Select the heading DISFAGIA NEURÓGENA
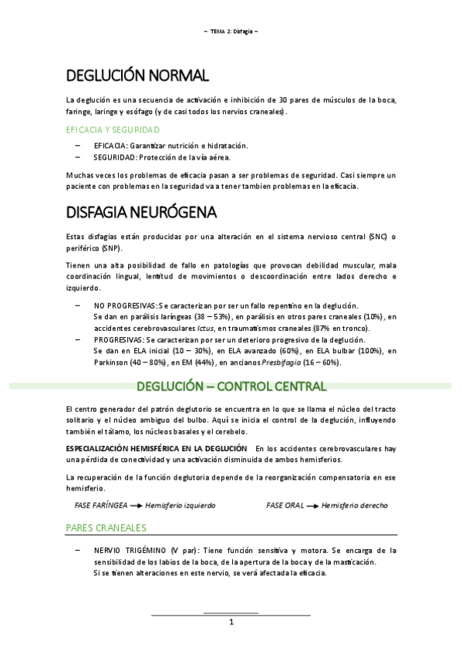141,211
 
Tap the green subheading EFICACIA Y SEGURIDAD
113,129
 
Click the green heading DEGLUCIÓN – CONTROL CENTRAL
231,386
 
